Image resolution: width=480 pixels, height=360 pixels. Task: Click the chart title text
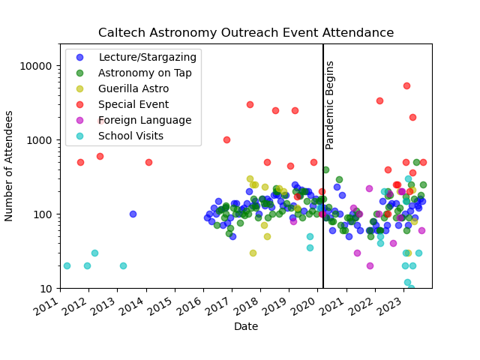click(246, 33)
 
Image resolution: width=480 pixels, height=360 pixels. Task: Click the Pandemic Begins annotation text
click(330, 105)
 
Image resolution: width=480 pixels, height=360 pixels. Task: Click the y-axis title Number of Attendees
click(10, 166)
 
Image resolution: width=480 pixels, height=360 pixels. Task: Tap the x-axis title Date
click(246, 327)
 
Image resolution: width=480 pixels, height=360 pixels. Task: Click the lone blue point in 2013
click(133, 214)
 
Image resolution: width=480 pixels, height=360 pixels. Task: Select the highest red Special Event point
click(406, 85)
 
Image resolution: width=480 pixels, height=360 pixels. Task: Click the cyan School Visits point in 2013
click(123, 265)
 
